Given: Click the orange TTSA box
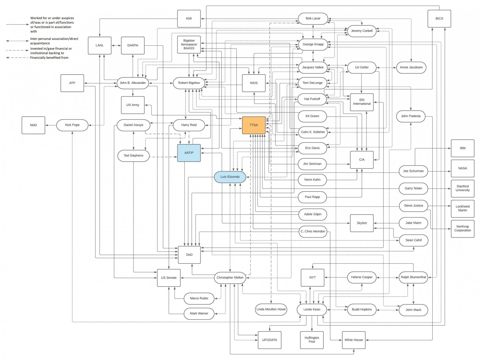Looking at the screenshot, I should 253,125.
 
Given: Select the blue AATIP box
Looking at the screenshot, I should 189,153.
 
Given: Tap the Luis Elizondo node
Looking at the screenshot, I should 230,177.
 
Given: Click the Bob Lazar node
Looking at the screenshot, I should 313,18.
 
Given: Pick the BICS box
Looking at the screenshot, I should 439,19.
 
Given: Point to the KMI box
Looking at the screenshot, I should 189,19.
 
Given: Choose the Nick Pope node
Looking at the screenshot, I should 72,125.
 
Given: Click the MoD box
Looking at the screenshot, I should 33,125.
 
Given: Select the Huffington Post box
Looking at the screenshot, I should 312,340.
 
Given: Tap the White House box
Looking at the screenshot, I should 354,340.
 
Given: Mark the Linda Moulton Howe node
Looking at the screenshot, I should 271,309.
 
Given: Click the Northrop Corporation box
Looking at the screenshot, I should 462,228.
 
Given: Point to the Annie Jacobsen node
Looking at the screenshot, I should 411,67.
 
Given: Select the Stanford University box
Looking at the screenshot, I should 462,188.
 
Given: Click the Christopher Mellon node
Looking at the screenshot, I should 230,278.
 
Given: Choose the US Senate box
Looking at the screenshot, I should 169,278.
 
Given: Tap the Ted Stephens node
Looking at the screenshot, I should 133,156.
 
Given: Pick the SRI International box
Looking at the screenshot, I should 361,102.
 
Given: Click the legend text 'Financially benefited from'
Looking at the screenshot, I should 49,58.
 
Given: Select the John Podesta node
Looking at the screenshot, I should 411,116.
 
